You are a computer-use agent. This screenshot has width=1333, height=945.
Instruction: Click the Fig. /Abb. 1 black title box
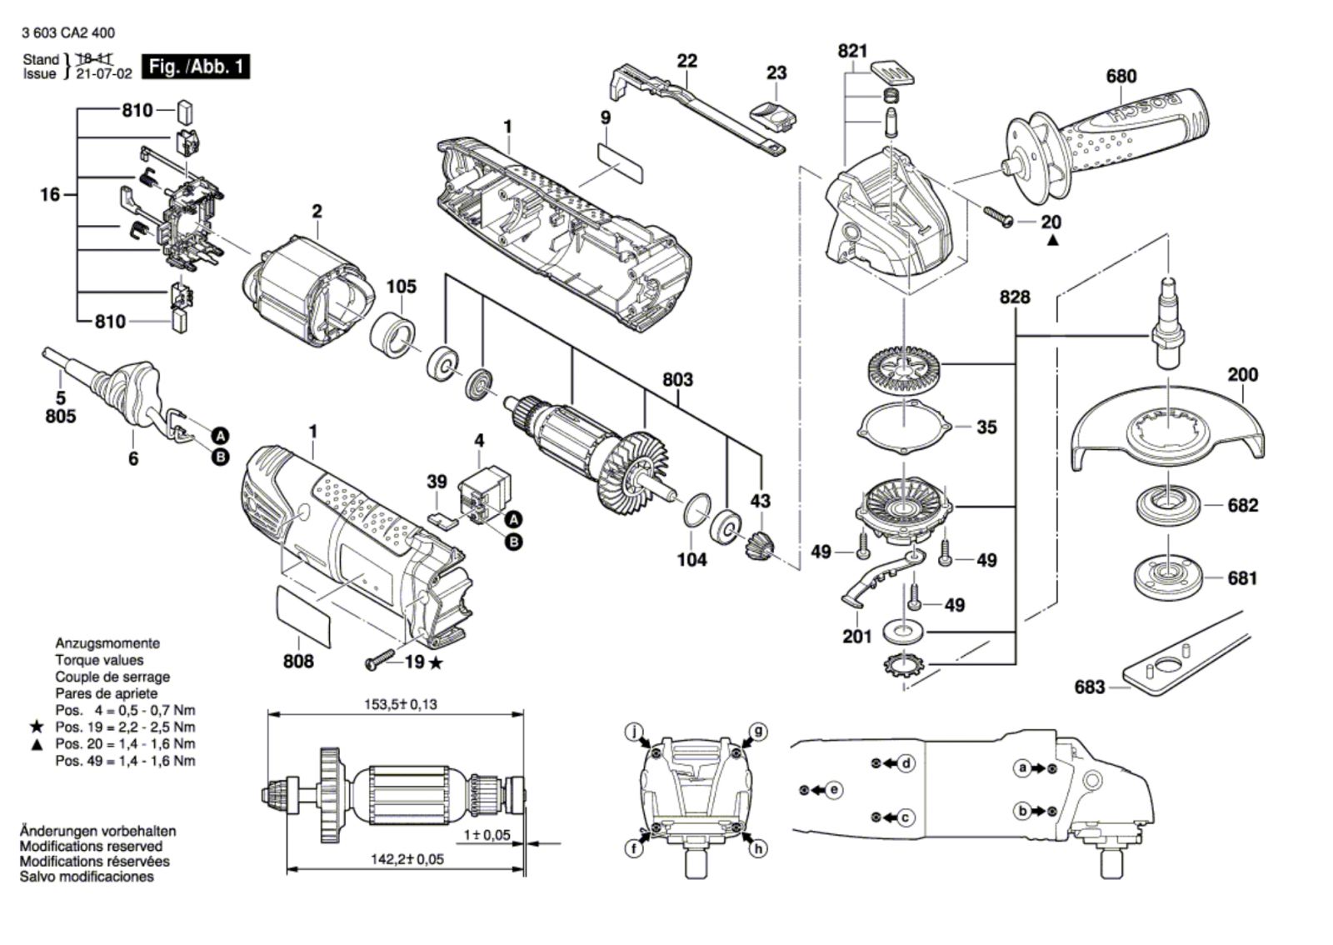[196, 67]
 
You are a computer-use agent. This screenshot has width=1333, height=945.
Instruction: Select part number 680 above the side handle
[1121, 76]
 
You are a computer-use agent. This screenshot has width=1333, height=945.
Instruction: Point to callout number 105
[402, 286]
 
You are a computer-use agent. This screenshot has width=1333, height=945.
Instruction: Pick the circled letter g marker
[758, 731]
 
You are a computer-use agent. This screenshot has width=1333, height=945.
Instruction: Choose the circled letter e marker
[834, 790]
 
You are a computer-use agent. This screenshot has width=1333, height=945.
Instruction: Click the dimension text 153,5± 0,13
[401, 705]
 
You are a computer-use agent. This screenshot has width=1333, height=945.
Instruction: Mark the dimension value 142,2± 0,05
[407, 859]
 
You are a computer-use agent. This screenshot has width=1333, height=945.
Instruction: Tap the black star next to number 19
[436, 662]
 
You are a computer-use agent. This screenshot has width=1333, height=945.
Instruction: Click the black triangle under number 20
[1053, 240]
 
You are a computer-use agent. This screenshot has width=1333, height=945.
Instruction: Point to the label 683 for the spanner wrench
[1090, 687]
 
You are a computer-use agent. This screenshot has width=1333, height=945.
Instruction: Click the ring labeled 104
[696, 509]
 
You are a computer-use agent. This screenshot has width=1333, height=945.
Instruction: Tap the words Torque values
[99, 660]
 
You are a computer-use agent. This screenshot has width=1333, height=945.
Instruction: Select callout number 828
[1015, 297]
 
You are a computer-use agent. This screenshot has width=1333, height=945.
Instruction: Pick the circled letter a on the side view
[1022, 768]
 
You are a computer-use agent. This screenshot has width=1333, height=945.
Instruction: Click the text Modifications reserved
[91, 846]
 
